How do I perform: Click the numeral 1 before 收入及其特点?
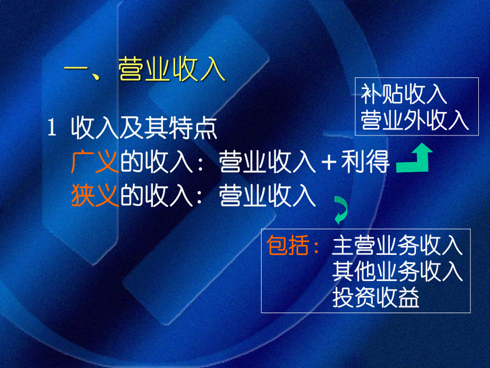pos(52,130)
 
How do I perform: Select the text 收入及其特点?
pos(144,130)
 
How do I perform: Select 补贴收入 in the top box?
pos(404,95)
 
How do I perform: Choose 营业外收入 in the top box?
pos(415,121)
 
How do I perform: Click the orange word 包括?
pos(289,246)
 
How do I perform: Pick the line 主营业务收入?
pos(397,246)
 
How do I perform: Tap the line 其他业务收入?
pos(397,272)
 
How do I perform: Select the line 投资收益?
pos(376,298)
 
